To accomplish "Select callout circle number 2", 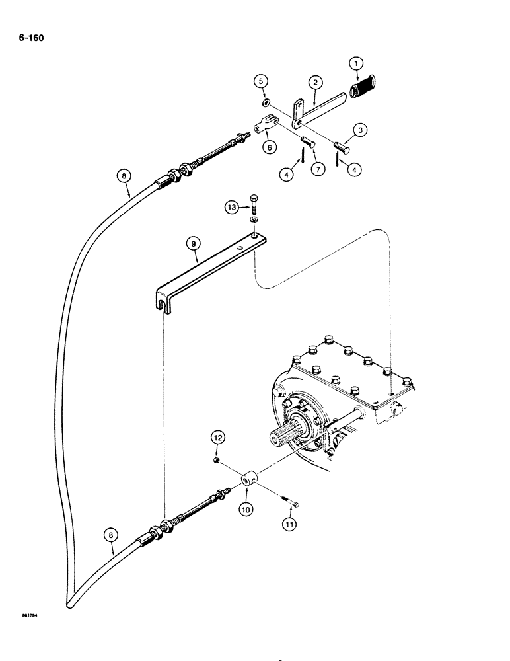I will [x=316, y=82].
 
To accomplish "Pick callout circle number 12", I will [x=218, y=436].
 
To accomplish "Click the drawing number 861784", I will [x=27, y=619].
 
